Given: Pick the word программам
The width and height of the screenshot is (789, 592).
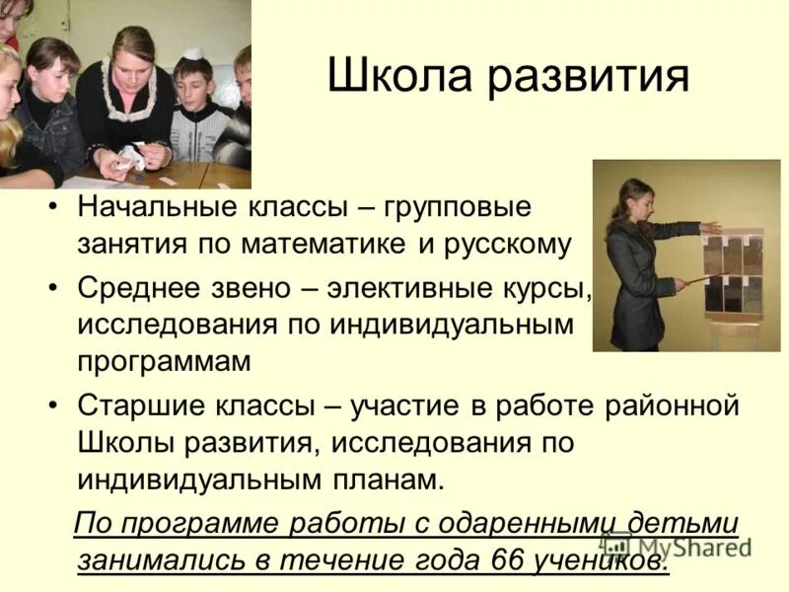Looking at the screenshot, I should [165, 361].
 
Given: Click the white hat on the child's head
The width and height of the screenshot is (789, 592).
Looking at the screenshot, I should [193, 54].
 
